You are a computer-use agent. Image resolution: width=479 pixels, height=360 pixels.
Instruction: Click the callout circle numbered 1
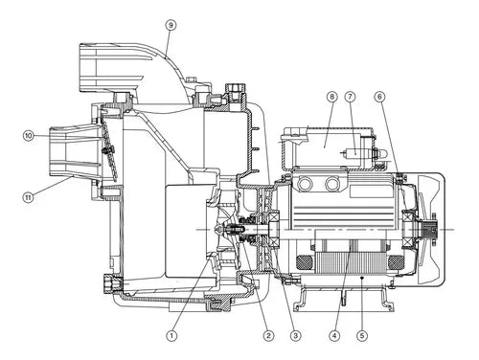171,335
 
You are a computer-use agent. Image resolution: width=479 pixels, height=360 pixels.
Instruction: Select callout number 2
268,335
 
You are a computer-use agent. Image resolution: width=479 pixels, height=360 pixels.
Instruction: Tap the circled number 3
295,335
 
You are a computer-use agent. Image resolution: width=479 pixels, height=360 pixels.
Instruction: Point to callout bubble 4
334,335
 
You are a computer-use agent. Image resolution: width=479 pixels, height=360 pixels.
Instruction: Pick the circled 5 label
362,335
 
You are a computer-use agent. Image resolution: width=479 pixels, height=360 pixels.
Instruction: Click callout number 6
379,97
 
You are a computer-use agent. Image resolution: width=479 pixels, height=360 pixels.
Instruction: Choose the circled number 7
351,97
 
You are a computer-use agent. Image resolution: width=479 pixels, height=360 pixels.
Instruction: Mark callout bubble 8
332,97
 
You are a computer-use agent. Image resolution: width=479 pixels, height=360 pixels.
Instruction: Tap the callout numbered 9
171,25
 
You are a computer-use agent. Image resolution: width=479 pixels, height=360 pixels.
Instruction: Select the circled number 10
29,136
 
